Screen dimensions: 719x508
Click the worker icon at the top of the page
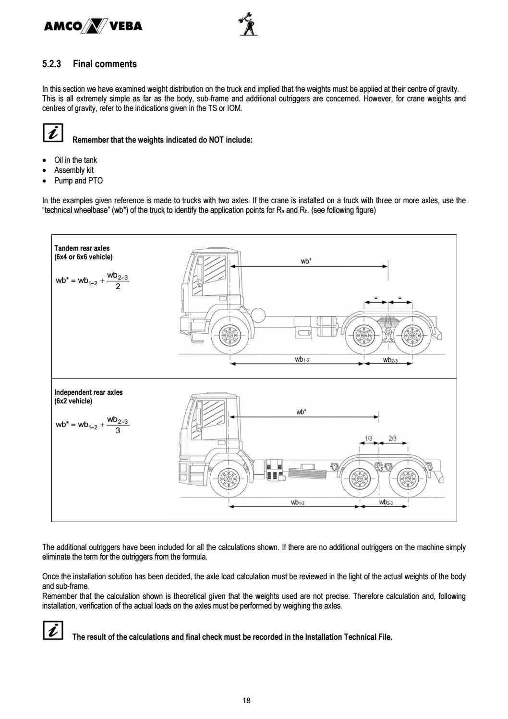[247, 24]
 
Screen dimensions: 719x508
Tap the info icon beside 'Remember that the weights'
[52, 133]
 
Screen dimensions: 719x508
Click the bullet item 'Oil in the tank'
[75, 160]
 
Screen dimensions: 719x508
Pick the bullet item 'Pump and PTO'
[78, 181]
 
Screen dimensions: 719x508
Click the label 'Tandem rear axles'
[82, 248]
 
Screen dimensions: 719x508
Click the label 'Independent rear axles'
[88, 392]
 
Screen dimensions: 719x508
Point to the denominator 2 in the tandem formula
[118, 287]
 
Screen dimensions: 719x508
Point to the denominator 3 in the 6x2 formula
[118, 431]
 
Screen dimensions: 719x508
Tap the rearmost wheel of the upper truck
[411, 336]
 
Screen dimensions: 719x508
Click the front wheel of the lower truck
[229, 478]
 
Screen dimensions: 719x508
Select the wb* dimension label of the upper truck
[306, 261]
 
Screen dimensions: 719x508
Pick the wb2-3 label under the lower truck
[386, 502]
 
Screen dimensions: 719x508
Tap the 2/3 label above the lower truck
[392, 438]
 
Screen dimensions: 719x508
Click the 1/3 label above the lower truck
[369, 438]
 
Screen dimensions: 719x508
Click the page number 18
[246, 701]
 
